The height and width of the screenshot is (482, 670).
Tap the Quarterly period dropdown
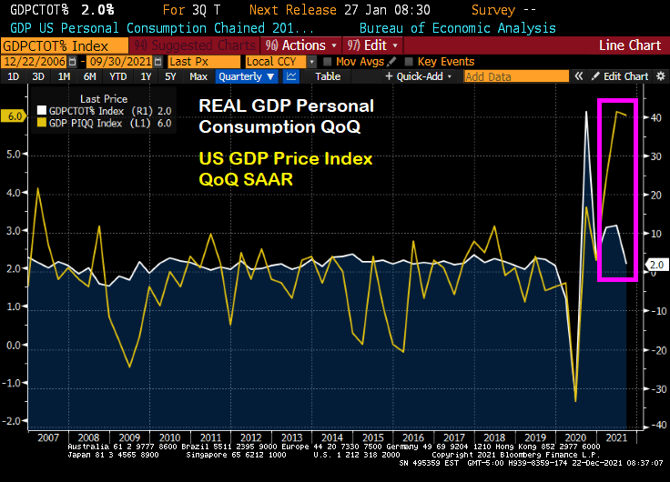pos(243,76)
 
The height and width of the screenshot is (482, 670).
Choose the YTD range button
pos(117,76)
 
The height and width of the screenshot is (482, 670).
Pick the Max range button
pos(198,76)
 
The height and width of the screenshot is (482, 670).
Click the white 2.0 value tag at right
pos(656,265)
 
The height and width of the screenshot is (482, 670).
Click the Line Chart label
pos(630,45)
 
